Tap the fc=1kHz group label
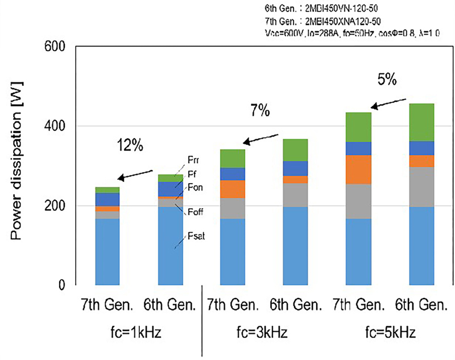point(138,332)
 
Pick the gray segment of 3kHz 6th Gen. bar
point(295,195)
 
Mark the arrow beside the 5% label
point(388,103)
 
